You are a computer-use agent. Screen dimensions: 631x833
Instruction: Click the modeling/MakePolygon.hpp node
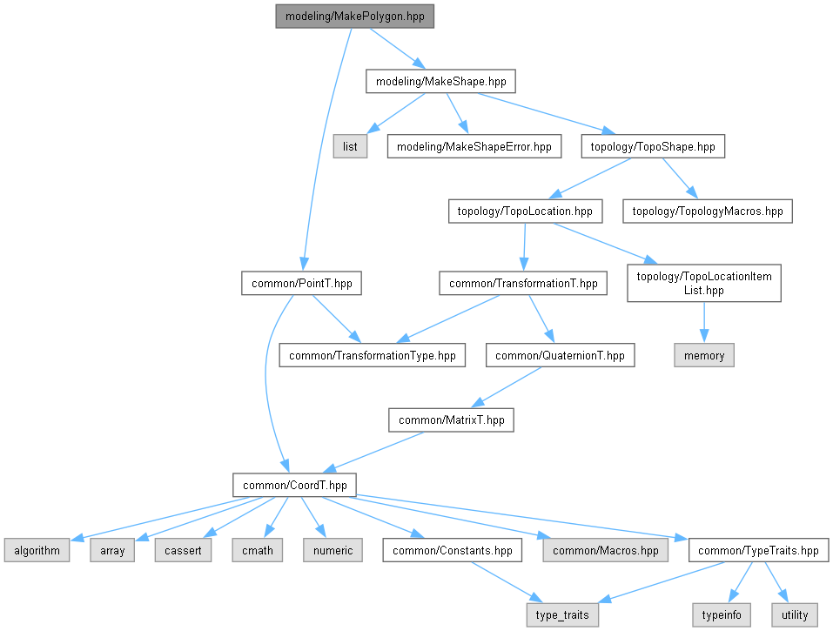[x=354, y=17]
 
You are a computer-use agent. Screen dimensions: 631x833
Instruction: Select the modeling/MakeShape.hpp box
[x=440, y=82]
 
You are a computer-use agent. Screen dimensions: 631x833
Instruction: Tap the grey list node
[x=350, y=146]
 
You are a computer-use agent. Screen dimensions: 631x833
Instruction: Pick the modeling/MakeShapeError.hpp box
[x=474, y=146]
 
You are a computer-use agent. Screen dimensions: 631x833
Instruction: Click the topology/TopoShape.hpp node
[x=652, y=146]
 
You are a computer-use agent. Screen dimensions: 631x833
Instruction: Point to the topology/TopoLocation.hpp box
[x=525, y=211]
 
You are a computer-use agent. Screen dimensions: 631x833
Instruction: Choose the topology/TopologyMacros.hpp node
[x=708, y=211]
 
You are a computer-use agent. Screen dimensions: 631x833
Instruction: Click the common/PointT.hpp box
[x=300, y=283]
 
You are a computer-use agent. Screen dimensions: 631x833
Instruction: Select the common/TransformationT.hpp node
[x=523, y=283]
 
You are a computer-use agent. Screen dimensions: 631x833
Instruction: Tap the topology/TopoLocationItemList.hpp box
[x=704, y=283]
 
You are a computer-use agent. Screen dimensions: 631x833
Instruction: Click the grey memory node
[x=704, y=355]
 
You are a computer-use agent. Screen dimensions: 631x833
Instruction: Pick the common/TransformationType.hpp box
[x=372, y=355]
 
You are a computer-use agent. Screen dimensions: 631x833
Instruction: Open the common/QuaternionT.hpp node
[x=561, y=355]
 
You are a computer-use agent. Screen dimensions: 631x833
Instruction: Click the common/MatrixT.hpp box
[x=451, y=420]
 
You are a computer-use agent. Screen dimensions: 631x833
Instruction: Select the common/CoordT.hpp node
[x=293, y=485]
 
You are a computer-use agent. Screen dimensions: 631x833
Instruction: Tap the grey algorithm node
[x=36, y=550]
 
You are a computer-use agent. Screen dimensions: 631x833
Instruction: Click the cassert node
[x=184, y=550]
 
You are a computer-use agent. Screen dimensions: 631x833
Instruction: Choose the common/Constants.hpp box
[x=453, y=550]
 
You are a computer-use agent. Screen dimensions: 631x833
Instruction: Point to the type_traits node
[x=562, y=614]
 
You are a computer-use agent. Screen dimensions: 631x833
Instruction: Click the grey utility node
[x=795, y=614]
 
